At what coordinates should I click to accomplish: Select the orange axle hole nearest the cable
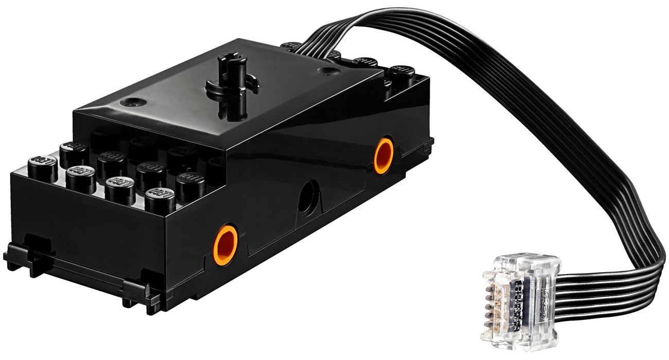(384, 155)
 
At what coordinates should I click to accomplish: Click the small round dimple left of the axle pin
(129, 101)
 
